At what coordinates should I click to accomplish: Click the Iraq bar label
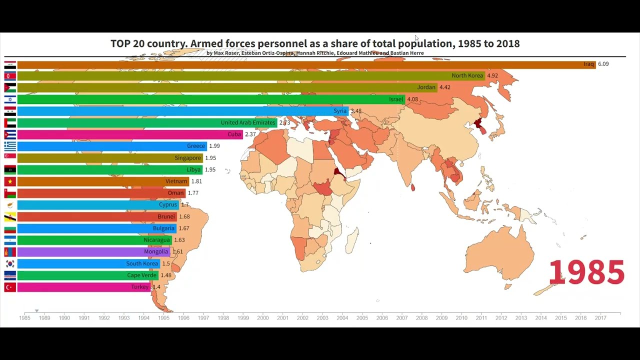click(588, 64)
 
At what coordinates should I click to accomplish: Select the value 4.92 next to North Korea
click(492, 76)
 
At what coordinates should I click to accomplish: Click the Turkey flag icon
click(10, 287)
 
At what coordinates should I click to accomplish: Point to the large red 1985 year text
click(586, 272)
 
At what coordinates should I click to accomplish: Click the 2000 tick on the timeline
click(263, 317)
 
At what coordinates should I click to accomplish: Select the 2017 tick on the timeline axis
click(600, 317)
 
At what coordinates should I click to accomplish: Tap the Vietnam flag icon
click(10, 181)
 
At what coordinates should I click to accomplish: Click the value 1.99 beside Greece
click(214, 146)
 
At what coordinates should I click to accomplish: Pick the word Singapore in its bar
click(188, 158)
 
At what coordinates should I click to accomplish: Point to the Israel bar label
click(396, 99)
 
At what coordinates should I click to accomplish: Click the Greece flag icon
click(10, 146)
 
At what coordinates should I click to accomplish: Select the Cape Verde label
click(141, 275)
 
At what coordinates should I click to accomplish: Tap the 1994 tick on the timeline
click(143, 317)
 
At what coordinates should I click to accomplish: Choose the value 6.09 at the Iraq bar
click(603, 64)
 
